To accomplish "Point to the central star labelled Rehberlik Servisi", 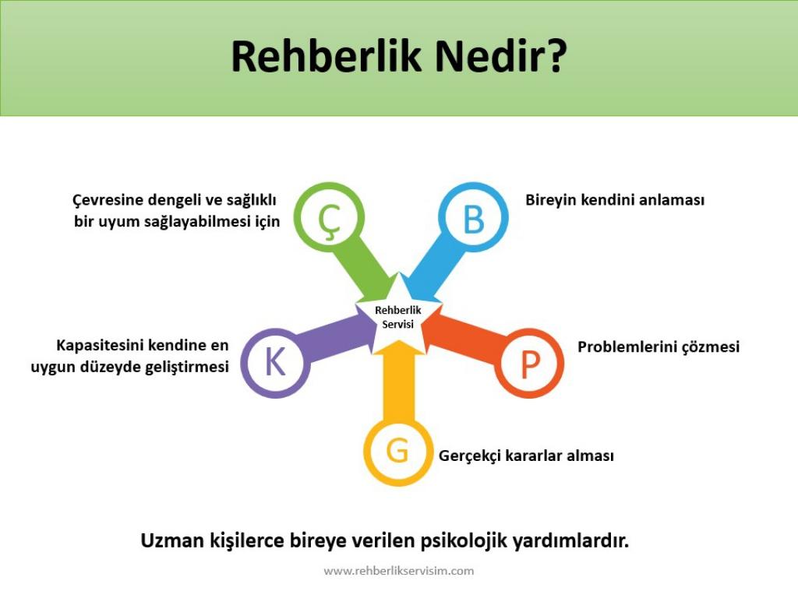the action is [398, 316].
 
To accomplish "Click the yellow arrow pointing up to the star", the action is [398, 382].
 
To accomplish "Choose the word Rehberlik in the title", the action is [327, 56].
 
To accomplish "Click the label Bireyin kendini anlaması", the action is [615, 200].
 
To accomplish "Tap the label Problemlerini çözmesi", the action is [659, 346].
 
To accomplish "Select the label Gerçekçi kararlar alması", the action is [526, 456].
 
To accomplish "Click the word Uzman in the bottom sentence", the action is [172, 540].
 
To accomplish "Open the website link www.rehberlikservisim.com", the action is [398, 571].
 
